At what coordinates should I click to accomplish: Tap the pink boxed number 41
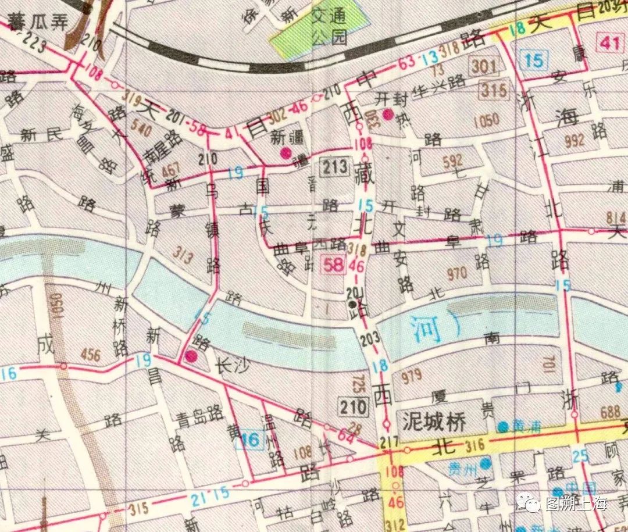pyautogui.click(x=610, y=43)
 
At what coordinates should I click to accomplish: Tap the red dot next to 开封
pyautogui.click(x=388, y=114)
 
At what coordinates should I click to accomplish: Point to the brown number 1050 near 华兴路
pyautogui.click(x=486, y=120)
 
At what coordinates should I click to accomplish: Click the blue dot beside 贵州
pyautogui.click(x=484, y=463)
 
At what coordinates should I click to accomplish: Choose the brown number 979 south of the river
pyautogui.click(x=411, y=376)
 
